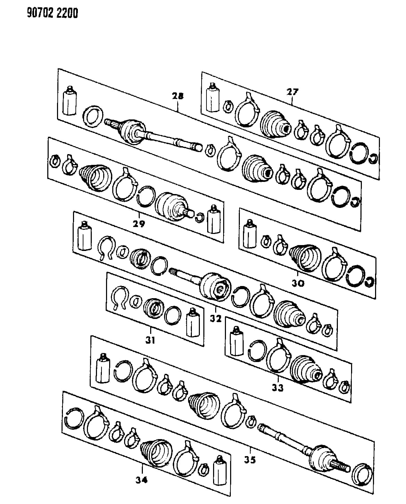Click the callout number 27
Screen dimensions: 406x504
coord(292,92)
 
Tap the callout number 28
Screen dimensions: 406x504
coord(178,96)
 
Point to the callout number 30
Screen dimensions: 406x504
coord(298,283)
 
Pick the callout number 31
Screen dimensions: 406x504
coord(151,340)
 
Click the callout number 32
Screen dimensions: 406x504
coord(216,318)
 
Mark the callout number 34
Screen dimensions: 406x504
coord(141,480)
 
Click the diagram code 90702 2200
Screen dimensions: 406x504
coord(52,13)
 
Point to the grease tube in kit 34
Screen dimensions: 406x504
coord(220,470)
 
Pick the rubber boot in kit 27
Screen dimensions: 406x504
coord(276,124)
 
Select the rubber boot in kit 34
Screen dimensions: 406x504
coord(156,453)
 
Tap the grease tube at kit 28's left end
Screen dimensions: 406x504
coord(70,100)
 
